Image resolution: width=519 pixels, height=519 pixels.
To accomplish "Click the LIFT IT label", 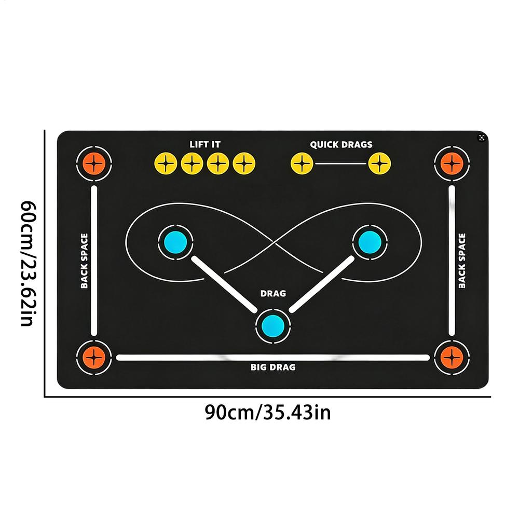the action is pos(205,144).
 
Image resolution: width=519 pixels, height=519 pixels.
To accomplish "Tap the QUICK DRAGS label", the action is pos(342,145).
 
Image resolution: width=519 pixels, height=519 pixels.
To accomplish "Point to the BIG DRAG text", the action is pos(273,367).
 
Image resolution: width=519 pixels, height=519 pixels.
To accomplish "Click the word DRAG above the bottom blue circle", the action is pos(273,294).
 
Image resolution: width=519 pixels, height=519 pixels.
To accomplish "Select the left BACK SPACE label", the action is pos(85,261).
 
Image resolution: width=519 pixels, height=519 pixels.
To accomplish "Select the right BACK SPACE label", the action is pos(462,261).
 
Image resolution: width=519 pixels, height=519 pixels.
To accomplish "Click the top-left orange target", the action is pos(94,163).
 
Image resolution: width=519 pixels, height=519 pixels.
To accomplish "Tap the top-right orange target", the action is pos(452,163).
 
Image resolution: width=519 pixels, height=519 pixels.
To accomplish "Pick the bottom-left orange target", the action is pos(94,358).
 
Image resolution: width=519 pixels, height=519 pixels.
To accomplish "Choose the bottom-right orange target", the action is pos(452,358).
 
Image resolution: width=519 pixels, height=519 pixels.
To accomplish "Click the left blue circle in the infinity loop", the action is pos(175,242).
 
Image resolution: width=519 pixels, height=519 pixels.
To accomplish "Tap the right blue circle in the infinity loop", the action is pos(370,242).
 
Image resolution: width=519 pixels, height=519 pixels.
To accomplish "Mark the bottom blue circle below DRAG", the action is pos(273,326).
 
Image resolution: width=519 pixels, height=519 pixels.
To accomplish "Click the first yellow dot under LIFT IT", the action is pos(166,163).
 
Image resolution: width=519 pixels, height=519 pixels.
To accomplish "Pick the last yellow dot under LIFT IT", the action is pos(244,163).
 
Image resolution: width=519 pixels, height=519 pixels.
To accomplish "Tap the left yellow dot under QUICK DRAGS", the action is pos(302,163).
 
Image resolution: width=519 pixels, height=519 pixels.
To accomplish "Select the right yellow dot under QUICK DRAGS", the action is pos(380,163).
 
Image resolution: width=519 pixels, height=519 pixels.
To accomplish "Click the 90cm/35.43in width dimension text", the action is pos(268,413).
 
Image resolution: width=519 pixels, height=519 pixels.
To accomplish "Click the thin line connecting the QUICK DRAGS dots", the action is pos(340,163).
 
